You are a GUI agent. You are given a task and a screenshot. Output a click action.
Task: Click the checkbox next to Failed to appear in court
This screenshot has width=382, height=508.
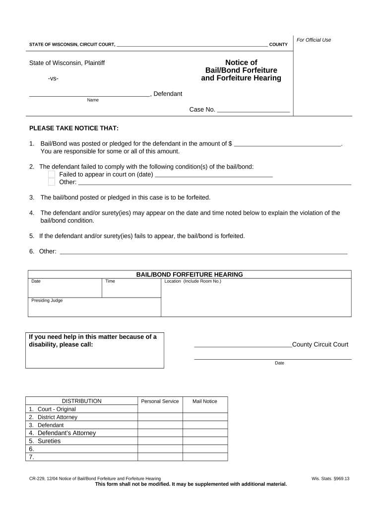(52, 175)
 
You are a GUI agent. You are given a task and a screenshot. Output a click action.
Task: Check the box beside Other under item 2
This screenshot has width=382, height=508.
(52, 182)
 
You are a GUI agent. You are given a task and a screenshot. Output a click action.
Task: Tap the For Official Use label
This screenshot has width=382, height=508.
(314, 40)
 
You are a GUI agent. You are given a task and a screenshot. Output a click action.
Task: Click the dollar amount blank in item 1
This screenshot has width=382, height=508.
(288, 144)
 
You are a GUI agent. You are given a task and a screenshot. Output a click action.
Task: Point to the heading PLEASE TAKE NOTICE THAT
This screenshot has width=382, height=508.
(74, 128)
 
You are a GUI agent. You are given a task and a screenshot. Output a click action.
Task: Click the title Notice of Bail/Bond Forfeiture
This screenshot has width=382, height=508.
(241, 70)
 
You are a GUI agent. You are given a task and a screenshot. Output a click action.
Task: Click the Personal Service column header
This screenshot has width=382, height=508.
(160, 401)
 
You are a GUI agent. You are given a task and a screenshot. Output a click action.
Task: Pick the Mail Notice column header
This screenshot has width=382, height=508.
(205, 401)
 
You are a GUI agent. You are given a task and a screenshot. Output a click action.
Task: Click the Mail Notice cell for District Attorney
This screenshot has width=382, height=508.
(205, 417)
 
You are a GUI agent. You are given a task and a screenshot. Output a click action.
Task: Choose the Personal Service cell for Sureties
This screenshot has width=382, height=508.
(160, 441)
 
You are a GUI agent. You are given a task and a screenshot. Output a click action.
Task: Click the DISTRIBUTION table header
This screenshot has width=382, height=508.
(81, 401)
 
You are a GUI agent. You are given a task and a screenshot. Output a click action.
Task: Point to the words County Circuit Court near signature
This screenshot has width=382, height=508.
(320, 345)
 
